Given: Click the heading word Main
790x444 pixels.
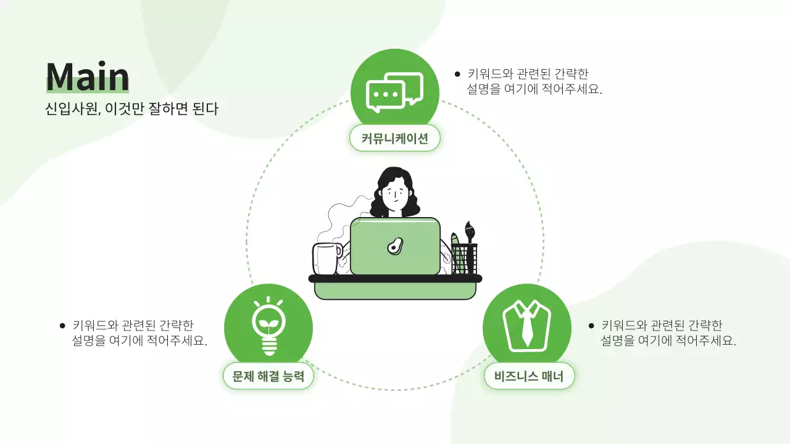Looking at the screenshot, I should pos(87,77).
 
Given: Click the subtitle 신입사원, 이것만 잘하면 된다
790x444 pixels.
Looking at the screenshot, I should pos(131,109).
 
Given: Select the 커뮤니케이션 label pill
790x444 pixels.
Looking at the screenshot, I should pos(394,138).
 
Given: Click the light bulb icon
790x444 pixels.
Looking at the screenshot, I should pos(268,326).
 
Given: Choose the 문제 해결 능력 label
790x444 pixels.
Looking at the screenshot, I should pos(268,376).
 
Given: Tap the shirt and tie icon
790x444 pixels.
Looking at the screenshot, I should pos(526,326).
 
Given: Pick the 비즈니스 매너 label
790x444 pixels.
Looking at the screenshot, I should pos(529,376).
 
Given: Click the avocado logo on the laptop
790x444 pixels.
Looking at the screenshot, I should pos(395,246).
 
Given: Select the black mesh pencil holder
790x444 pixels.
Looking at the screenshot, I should pos(464,259).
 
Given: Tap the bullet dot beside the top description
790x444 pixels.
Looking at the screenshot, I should pos(457,74).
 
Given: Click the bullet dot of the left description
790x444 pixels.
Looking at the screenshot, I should pos(62,326).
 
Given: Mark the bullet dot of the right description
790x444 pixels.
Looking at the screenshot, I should pos(591,326).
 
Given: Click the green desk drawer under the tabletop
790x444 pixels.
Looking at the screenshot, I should pos(395,290).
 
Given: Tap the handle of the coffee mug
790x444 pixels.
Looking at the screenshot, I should pos(339,250).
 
